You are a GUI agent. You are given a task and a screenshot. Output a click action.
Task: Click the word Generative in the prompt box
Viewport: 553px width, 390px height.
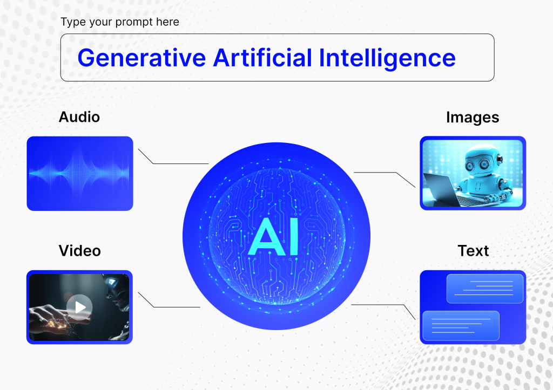pyautogui.click(x=141, y=58)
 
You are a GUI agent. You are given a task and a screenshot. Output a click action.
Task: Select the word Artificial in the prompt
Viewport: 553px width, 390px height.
pyautogui.click(x=263, y=57)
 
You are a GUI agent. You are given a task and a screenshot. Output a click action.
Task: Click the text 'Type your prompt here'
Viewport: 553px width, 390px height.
pyautogui.click(x=120, y=22)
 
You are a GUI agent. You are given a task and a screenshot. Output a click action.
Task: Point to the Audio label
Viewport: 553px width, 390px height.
pyautogui.click(x=79, y=117)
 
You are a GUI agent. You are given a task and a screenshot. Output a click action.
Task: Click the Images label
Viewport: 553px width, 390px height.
pyautogui.click(x=473, y=118)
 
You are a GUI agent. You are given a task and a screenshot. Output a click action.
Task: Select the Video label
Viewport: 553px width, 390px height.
pyautogui.click(x=80, y=251)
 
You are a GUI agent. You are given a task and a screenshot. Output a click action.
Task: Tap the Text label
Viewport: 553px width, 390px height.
pyautogui.click(x=473, y=251)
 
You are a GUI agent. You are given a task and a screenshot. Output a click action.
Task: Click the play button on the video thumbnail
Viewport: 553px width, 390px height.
pyautogui.click(x=79, y=307)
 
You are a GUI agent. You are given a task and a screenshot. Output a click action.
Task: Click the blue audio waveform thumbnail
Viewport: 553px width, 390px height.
pyautogui.click(x=80, y=174)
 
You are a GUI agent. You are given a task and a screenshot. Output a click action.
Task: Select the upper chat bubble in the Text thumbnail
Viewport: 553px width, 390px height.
pyautogui.click(x=485, y=289)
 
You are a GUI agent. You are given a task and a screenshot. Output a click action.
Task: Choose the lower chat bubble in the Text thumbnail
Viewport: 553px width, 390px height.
pyautogui.click(x=461, y=326)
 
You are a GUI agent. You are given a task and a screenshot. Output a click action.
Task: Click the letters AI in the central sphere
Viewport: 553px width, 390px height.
pyautogui.click(x=274, y=236)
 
